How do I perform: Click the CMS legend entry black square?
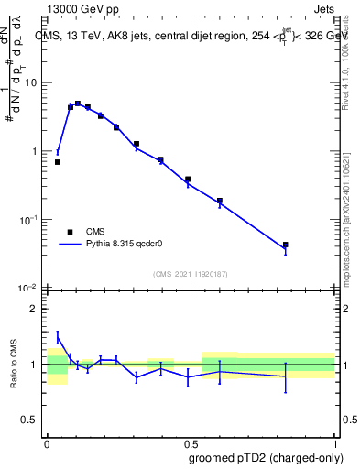70,232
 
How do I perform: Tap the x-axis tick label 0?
47,442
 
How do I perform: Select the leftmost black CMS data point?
58,162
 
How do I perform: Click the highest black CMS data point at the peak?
78,104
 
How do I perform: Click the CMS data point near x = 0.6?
220,201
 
